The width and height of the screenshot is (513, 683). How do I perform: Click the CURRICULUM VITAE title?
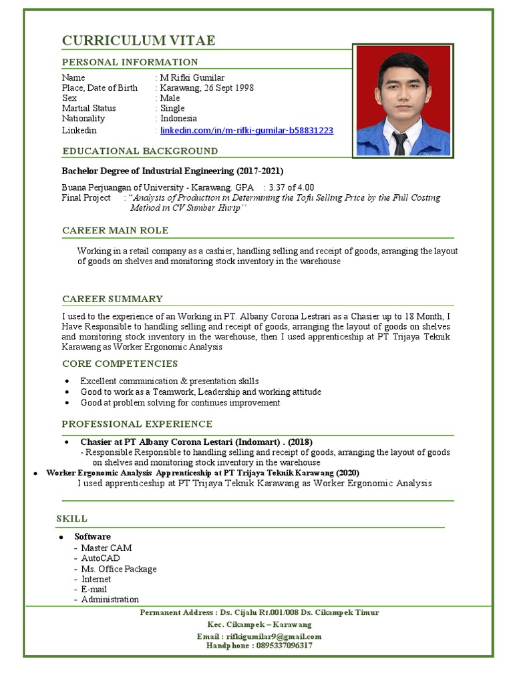click(x=139, y=41)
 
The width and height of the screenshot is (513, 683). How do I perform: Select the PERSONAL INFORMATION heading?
click(x=130, y=62)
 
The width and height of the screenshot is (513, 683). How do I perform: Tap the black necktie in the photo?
click(x=399, y=142)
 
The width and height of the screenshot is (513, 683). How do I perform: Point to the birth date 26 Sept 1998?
click(x=225, y=88)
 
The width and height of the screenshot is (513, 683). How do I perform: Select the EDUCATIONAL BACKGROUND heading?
click(x=140, y=151)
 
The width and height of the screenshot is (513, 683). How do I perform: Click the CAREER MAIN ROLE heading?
click(x=115, y=230)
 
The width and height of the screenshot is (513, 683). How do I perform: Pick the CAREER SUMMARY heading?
click(x=112, y=299)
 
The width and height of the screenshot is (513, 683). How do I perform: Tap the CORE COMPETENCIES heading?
click(x=120, y=364)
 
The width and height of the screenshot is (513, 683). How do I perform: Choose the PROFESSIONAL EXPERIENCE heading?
click(x=137, y=424)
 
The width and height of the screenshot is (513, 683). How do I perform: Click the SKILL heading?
click(x=71, y=518)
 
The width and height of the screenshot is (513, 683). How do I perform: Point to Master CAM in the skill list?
click(x=106, y=548)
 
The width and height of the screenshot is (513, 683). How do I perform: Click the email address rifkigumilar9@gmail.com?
click(x=274, y=636)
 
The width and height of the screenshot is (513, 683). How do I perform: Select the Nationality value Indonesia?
click(x=178, y=118)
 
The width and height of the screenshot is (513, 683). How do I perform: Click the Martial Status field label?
click(x=89, y=108)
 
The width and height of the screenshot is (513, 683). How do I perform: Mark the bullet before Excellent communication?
click(x=67, y=382)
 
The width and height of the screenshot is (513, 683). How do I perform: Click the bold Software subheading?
click(x=92, y=536)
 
